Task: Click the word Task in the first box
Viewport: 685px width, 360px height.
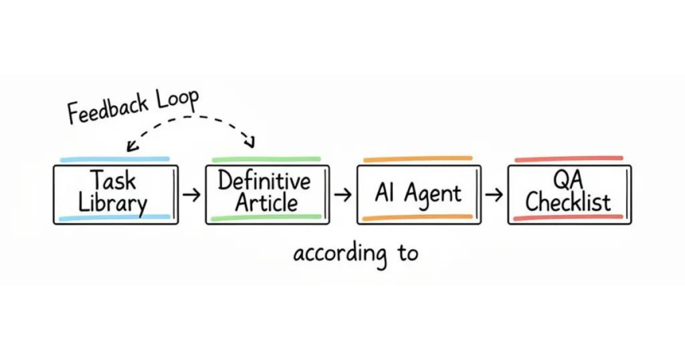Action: click(x=113, y=181)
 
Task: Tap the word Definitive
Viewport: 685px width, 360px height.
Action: click(x=264, y=181)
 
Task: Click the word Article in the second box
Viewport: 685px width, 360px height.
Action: click(x=266, y=203)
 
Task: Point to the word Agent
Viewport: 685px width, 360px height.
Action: click(x=432, y=195)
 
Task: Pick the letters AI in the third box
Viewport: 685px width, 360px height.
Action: click(x=384, y=193)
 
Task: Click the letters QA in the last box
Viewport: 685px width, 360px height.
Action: click(x=569, y=179)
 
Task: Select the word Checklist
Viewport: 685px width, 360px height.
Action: click(x=568, y=202)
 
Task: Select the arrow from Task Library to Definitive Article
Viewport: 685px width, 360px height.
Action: click(x=191, y=195)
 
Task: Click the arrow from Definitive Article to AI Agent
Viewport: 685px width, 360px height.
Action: click(x=342, y=195)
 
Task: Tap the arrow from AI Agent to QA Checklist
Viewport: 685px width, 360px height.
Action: click(x=494, y=195)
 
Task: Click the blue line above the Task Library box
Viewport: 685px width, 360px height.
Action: click(x=114, y=159)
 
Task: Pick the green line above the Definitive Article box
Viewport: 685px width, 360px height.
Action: click(x=266, y=159)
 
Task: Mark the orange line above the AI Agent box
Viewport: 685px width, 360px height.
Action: click(x=417, y=159)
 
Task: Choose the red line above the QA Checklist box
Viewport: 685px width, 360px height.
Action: click(x=569, y=159)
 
